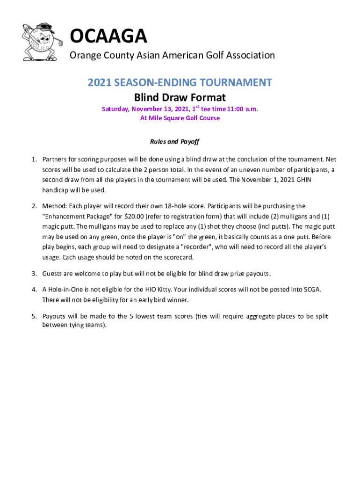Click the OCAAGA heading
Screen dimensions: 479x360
click(x=108, y=36)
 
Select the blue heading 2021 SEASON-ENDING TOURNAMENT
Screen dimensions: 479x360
click(x=180, y=83)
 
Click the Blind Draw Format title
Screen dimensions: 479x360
click(x=180, y=98)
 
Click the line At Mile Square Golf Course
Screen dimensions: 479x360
click(x=180, y=118)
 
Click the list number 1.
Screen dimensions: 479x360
click(x=34, y=160)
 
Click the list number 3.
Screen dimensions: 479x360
click(x=34, y=273)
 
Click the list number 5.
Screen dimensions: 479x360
click(x=34, y=316)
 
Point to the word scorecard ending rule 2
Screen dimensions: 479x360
click(x=179, y=257)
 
